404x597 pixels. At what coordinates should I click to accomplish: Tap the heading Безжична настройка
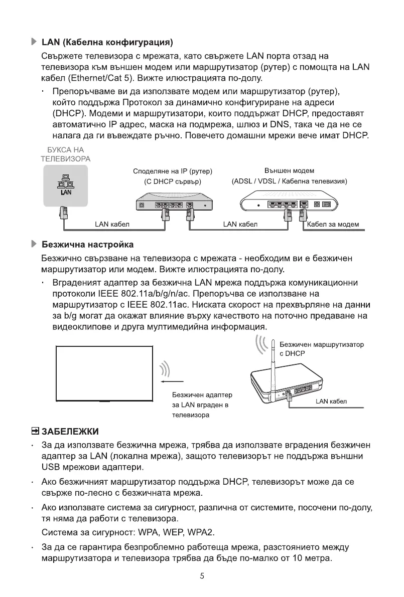87,245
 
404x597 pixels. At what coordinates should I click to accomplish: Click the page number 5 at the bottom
202,576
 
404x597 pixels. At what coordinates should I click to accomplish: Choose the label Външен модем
289,171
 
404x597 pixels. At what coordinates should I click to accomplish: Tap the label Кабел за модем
333,224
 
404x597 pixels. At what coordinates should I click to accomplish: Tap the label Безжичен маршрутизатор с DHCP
321,349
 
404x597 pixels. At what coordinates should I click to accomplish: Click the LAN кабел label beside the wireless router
331,402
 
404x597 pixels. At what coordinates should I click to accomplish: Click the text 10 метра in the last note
312,558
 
